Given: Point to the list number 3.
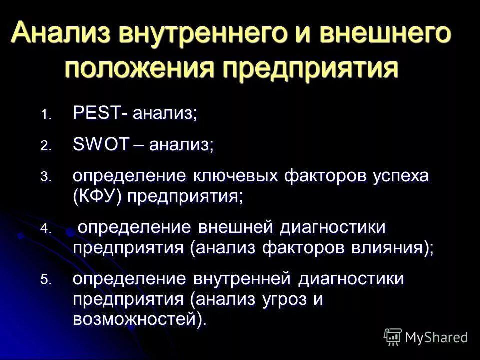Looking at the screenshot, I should [x=46, y=177].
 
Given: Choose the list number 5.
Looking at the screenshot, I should [x=46, y=281].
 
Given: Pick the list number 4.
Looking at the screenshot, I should [x=46, y=229].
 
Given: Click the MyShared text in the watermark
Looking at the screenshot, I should [x=437, y=337].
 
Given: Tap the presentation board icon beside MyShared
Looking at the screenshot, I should [x=393, y=336].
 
